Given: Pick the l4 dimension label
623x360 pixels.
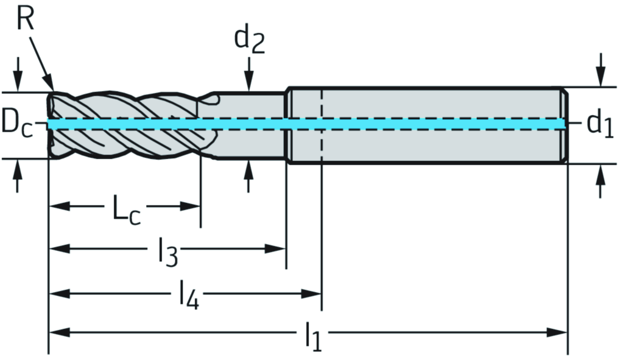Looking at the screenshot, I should [189, 298].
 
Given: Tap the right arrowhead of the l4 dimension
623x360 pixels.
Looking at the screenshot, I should [312, 294].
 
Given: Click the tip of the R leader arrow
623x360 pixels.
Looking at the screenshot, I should [51, 86].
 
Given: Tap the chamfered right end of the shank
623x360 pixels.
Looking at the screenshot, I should [565, 125].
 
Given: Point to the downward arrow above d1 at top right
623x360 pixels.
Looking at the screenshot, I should [600, 76].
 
